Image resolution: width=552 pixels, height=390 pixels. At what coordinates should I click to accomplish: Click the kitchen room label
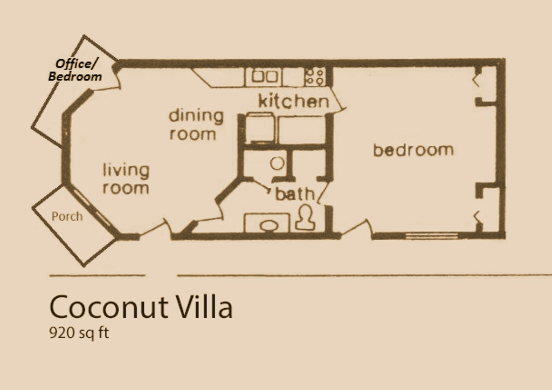pos(294,101)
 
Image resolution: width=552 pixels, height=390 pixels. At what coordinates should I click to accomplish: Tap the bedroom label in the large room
pos(413,150)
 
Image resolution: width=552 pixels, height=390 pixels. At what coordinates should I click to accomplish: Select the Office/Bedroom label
pos(75,70)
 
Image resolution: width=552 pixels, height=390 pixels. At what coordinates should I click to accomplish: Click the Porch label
pos(67,216)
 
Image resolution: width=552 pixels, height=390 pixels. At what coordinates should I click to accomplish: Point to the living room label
pos(126,179)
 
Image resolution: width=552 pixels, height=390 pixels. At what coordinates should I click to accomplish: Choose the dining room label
pos(196,125)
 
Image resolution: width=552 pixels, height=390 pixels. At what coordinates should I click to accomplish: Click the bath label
pos(295,194)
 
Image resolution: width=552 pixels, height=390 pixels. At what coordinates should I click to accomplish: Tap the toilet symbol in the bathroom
pos(305,218)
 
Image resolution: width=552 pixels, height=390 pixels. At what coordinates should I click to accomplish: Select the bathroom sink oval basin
pos(269,226)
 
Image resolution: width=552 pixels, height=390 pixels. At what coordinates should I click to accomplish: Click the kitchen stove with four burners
pos(315,77)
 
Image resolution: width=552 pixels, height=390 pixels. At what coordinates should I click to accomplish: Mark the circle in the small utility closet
pos(278,163)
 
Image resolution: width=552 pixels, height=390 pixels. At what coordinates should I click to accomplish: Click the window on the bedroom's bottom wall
pos(432,236)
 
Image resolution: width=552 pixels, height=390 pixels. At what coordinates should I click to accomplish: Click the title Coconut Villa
pos(141,307)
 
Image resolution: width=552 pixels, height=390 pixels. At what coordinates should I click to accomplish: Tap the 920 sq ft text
pos(79,333)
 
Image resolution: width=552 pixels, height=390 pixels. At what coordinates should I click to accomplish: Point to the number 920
pos(60,333)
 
